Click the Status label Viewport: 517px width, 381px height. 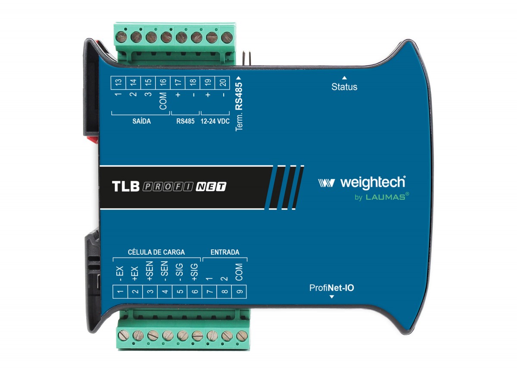pos(344,87)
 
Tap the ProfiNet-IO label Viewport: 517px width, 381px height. pos(331,288)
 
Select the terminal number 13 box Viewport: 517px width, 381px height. pos(118,83)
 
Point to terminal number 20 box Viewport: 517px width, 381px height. pos(222,83)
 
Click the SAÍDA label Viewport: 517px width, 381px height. pos(141,121)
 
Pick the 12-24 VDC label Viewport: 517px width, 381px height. pos(215,121)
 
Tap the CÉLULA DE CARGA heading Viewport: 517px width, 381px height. pos(156,252)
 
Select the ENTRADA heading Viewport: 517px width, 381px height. pos(225,252)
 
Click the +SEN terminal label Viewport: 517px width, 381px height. pos(149,271)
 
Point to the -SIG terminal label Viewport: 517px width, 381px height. pos(179,272)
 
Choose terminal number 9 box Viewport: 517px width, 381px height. pos(239,292)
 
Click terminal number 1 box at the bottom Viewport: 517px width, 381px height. pos(120,292)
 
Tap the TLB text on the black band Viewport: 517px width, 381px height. pos(126,186)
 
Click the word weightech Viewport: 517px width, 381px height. pos(373,183)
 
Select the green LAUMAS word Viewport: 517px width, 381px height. pos(386,197)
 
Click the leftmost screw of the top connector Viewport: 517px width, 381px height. pos(121,37)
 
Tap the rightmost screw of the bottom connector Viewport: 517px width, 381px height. pos(242,336)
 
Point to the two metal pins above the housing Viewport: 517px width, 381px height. pos(246,59)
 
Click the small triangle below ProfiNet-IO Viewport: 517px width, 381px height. pos(332,297)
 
